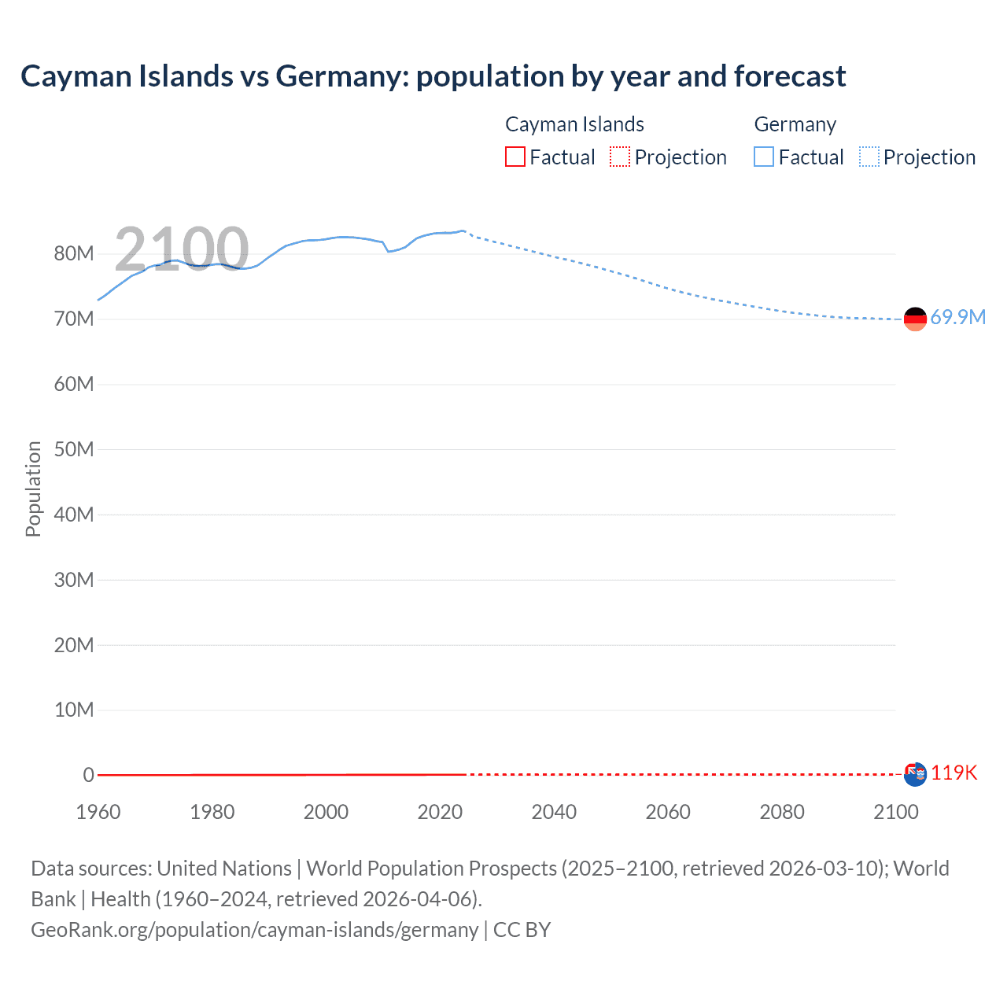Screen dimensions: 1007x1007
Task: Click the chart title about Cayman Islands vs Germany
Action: [433, 76]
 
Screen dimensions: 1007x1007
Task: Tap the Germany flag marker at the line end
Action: [915, 319]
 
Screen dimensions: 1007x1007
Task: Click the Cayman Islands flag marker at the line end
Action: [915, 774]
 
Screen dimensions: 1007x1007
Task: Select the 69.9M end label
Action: [957, 317]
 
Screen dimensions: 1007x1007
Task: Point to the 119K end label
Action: [954, 773]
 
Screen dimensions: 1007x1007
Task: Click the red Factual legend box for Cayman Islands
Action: [515, 157]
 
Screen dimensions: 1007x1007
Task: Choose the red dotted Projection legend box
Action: [620, 157]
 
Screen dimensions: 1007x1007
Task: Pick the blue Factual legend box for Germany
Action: [764, 157]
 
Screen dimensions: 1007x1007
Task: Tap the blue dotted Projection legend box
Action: [869, 157]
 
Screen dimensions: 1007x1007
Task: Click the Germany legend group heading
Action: [795, 124]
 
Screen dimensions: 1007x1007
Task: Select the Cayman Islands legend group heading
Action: [574, 124]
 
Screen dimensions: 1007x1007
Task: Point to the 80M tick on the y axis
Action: [74, 253]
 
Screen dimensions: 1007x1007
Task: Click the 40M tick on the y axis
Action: [74, 515]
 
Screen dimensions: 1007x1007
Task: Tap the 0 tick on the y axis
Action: [88, 775]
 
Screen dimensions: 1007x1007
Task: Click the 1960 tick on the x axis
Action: [98, 812]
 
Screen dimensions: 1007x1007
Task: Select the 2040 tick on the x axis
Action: [554, 812]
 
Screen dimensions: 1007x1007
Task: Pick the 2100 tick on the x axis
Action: [895, 812]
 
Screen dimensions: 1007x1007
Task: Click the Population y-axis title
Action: [33, 489]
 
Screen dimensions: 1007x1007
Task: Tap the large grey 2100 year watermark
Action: [182, 249]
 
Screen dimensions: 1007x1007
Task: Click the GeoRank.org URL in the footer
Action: [254, 930]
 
